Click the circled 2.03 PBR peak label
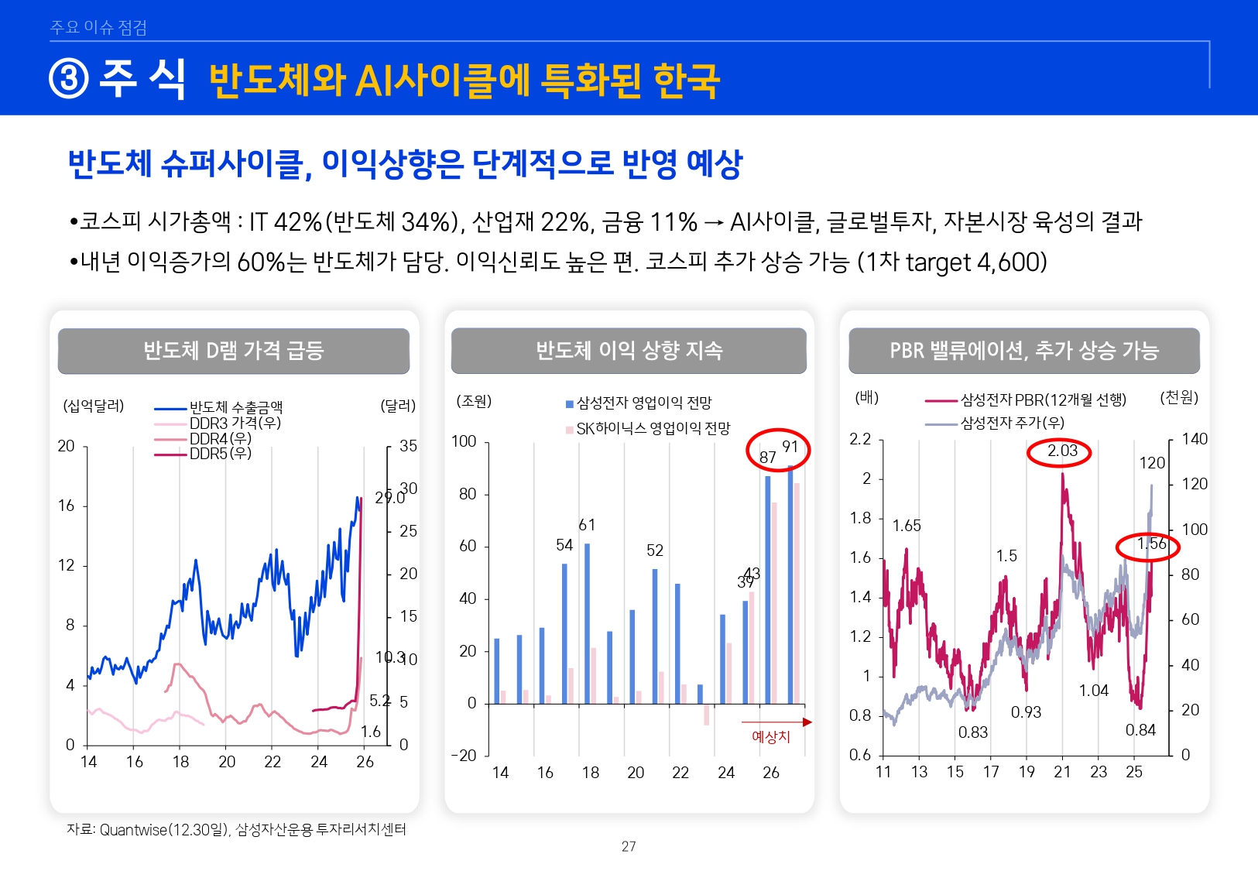(1061, 451)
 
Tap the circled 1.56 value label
(1151, 544)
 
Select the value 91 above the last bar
(790, 448)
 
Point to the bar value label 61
(587, 526)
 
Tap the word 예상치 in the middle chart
(771, 737)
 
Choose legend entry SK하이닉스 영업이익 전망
(653, 429)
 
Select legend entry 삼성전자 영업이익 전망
(643, 403)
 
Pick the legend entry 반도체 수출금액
(235, 407)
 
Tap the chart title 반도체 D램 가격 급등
(233, 351)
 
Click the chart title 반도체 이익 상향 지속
(629, 351)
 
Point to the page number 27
(629, 846)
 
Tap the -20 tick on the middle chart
(464, 756)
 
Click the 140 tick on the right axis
(1194, 440)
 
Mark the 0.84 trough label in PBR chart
(1140, 730)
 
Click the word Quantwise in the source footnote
(133, 830)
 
